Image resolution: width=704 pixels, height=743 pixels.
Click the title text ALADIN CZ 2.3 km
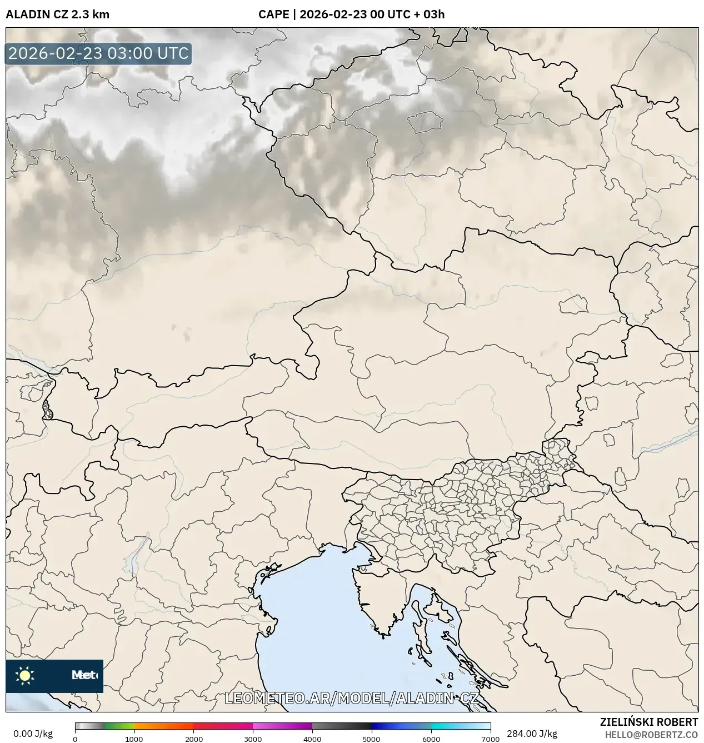(x=57, y=14)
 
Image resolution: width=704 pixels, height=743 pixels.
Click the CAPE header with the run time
(x=351, y=14)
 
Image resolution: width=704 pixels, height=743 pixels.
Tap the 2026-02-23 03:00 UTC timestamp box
(x=98, y=54)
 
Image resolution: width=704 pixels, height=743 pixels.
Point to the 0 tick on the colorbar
(x=75, y=739)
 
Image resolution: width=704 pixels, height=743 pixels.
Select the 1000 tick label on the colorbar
(x=134, y=739)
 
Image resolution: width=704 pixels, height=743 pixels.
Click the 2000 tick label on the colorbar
(x=193, y=739)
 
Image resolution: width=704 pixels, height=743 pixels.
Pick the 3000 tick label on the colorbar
(x=253, y=739)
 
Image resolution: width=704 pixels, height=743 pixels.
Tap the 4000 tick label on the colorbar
(x=312, y=739)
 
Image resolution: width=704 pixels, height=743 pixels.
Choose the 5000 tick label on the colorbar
(x=371, y=739)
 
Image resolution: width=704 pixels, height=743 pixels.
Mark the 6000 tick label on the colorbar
(x=431, y=739)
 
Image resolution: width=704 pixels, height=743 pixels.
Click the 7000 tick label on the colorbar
(x=490, y=739)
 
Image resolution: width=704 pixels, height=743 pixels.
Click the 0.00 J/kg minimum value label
(x=33, y=734)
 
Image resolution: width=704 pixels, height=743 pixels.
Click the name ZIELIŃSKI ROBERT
(x=648, y=722)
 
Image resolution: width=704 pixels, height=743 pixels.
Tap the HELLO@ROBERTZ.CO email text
(x=651, y=735)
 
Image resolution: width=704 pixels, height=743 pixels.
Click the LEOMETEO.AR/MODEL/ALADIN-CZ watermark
(x=351, y=699)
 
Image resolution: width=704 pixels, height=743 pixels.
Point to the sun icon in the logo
(x=24, y=676)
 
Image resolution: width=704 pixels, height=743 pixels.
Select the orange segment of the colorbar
(x=161, y=726)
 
